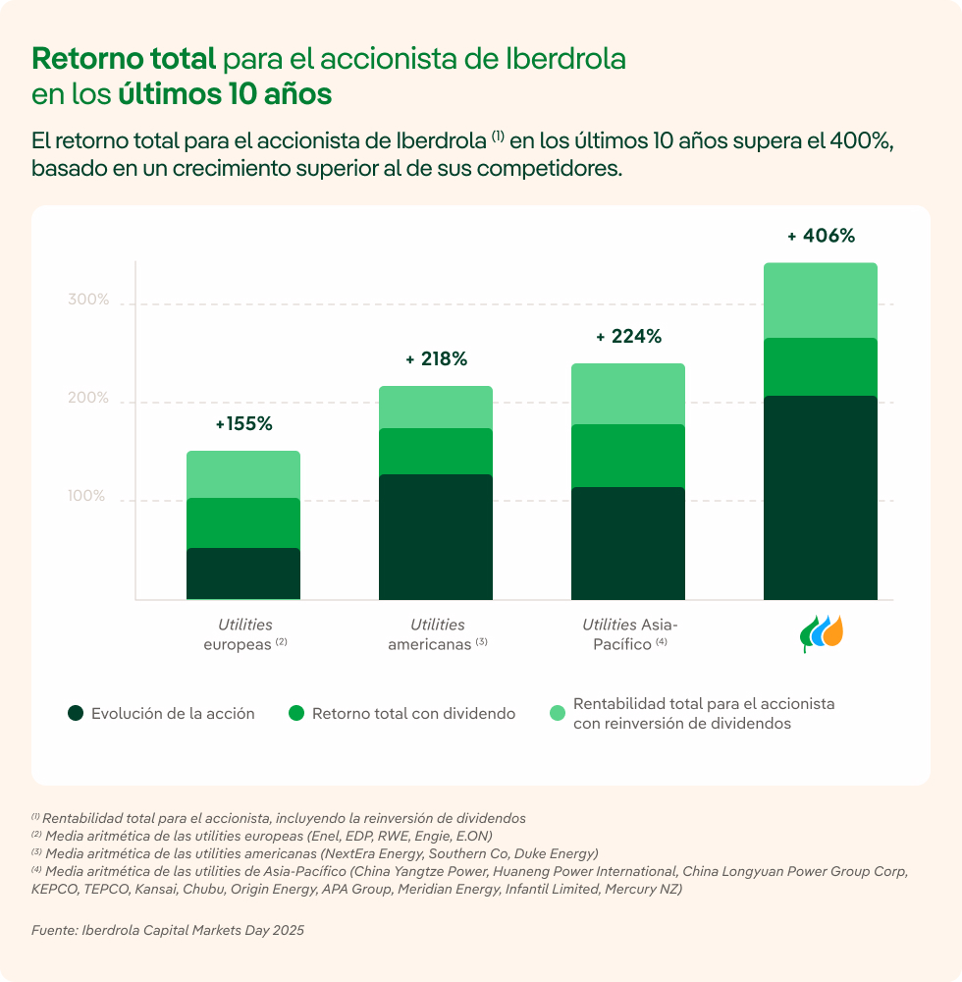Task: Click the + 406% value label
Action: click(x=821, y=236)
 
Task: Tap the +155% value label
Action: click(x=243, y=424)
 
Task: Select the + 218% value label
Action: click(x=436, y=359)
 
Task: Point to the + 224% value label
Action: click(x=628, y=337)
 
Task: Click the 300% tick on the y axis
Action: click(x=88, y=300)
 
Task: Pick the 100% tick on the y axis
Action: click(x=88, y=496)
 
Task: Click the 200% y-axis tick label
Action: click(x=88, y=398)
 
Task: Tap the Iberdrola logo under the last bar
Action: click(x=821, y=633)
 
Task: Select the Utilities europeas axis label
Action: click(x=244, y=634)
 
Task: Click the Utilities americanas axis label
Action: click(x=437, y=634)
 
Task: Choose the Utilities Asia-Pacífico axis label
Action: click(x=629, y=634)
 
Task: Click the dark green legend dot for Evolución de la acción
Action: click(x=76, y=714)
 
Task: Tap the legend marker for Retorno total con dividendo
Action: click(x=296, y=714)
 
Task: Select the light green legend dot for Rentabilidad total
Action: click(x=558, y=714)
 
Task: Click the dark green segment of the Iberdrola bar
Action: click(x=821, y=497)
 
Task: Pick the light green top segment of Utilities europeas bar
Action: click(x=243, y=474)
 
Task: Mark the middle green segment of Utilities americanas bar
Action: click(x=436, y=452)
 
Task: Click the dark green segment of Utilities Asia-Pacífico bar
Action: click(x=628, y=543)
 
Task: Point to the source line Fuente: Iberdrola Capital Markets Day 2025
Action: click(x=168, y=930)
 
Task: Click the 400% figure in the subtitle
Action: click(x=859, y=140)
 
